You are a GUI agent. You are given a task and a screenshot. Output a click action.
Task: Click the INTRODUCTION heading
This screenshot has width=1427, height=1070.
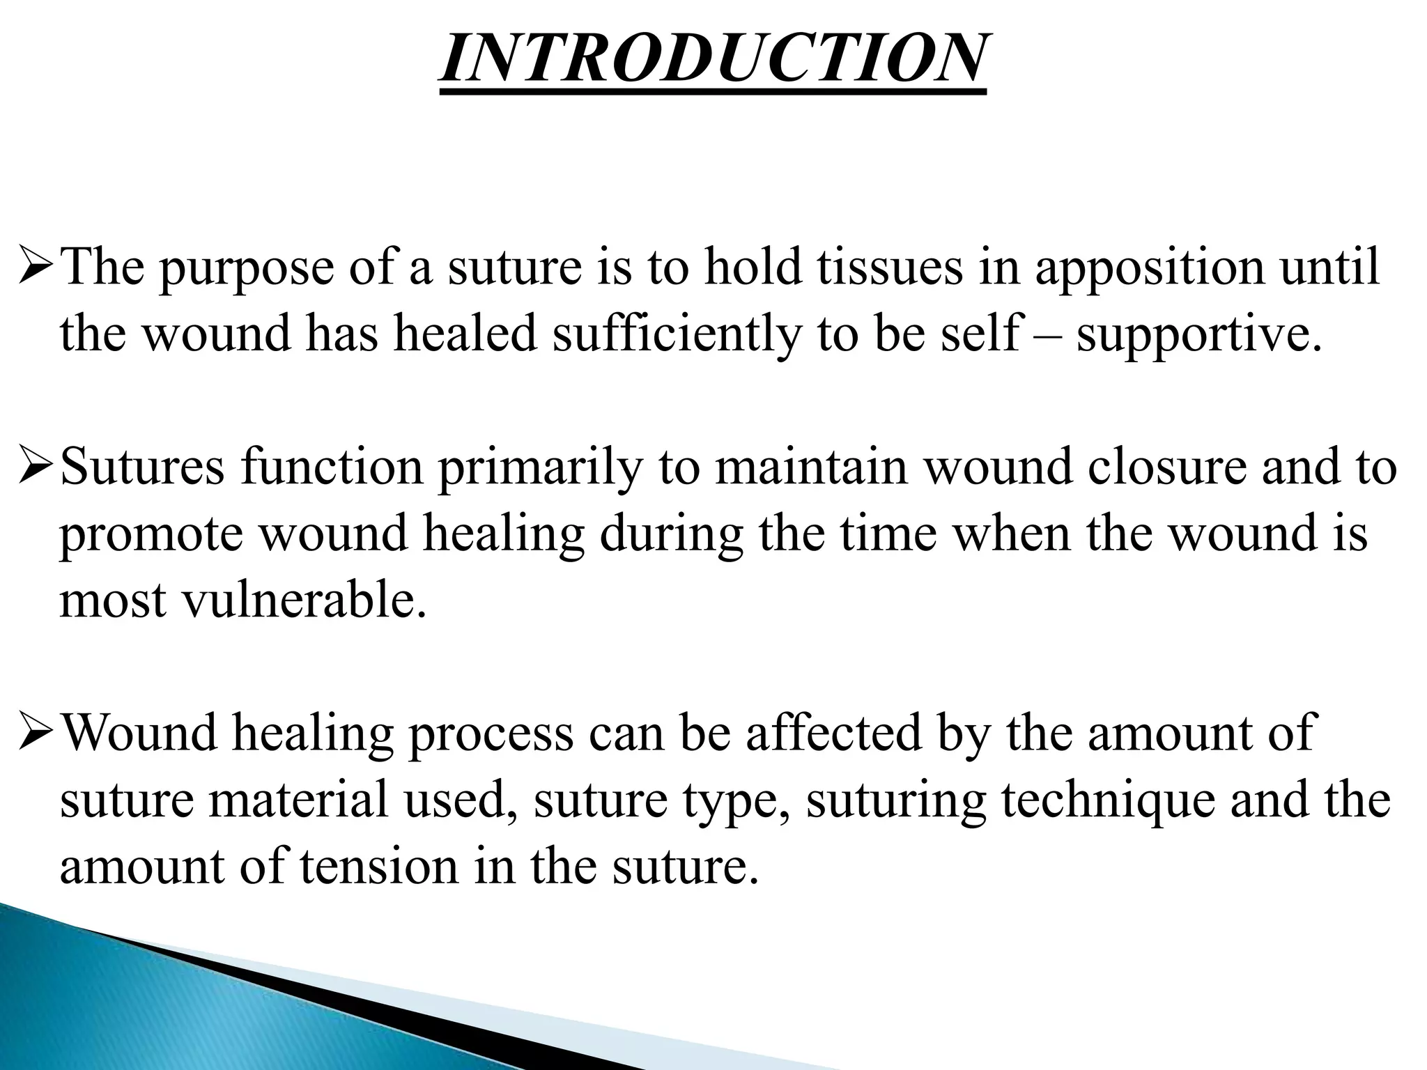712,59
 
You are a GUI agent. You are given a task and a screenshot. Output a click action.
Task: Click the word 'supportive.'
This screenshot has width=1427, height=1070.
1198,336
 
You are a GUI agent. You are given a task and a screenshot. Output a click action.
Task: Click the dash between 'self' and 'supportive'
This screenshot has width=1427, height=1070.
1048,336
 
